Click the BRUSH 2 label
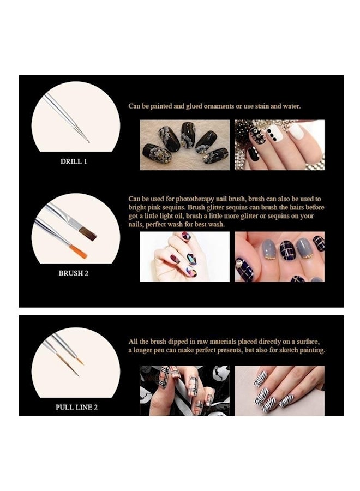[73, 273]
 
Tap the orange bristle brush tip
[79, 252]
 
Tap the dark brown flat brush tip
[88, 235]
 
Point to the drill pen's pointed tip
[87, 141]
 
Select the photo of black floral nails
[184, 145]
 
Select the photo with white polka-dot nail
[279, 145]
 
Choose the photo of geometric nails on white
[184, 256]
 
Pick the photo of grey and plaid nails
[279, 256]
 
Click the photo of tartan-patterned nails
[184, 390]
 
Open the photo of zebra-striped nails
[279, 390]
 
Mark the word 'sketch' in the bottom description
[278, 350]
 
